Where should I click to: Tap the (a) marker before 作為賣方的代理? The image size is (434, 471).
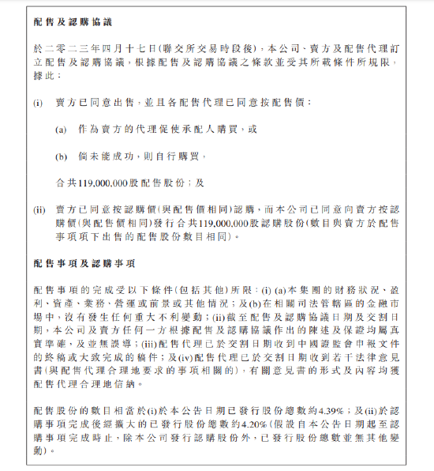pyautogui.click(x=61, y=129)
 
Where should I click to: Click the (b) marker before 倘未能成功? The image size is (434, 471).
pyautogui.click(x=61, y=156)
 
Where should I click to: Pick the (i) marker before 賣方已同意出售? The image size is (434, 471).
pyautogui.click(x=37, y=102)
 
